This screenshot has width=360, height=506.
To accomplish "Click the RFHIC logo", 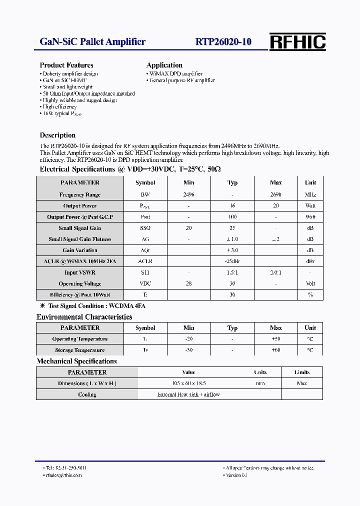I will [x=297, y=42].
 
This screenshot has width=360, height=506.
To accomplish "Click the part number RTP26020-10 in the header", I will [x=223, y=42].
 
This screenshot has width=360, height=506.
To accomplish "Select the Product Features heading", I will [x=66, y=65].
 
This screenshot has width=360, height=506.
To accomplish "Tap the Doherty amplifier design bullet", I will [x=70, y=73].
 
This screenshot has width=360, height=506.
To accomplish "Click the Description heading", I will [x=57, y=135].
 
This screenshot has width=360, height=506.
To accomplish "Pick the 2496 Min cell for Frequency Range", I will [x=188, y=194].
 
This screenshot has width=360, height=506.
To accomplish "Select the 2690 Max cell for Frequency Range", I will [x=275, y=194].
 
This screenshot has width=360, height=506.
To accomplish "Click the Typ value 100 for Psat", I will [x=232, y=217].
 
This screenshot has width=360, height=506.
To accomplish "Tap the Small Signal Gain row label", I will [x=79, y=228].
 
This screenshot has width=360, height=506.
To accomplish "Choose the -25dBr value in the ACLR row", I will [x=232, y=261].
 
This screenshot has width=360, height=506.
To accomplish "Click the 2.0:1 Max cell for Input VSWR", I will [x=275, y=272].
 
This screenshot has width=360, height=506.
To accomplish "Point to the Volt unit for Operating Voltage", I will [x=310, y=283].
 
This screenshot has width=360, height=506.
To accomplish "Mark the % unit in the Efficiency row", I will [x=310, y=294].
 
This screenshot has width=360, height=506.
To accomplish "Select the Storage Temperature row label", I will [x=79, y=350].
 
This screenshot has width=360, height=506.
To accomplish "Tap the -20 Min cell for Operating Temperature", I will [x=188, y=339].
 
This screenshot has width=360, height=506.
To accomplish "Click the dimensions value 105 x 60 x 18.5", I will [x=188, y=383].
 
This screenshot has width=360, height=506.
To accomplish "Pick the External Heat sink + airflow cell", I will [x=188, y=394].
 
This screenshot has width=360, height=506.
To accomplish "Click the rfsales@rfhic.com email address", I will [x=63, y=475].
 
